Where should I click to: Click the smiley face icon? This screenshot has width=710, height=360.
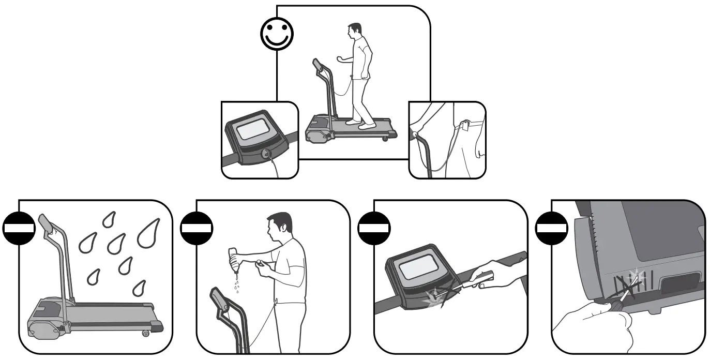tap(276, 34)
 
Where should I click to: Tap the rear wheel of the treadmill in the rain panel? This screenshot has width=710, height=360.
tap(145, 333)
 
